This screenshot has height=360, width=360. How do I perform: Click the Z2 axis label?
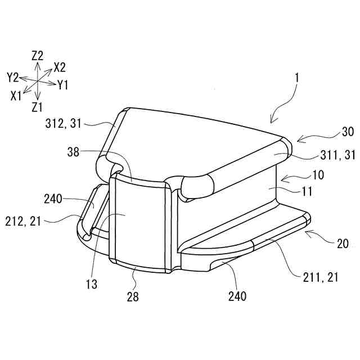(x=38, y=55)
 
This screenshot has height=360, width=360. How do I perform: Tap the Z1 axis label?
(x=38, y=106)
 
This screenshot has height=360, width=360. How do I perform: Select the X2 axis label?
(x=60, y=67)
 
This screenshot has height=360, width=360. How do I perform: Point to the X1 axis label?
(x=16, y=96)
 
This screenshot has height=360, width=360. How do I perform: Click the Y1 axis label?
(x=63, y=85)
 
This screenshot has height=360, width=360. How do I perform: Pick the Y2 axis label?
(x=13, y=76)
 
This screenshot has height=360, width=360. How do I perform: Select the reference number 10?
(x=318, y=175)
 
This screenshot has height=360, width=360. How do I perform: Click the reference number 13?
(x=92, y=285)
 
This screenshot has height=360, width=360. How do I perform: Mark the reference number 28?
(x=133, y=295)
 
